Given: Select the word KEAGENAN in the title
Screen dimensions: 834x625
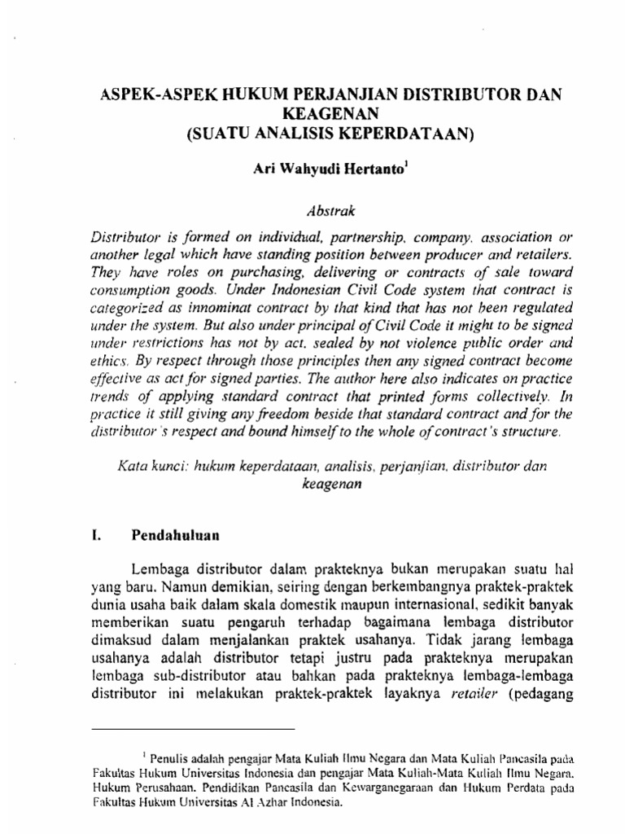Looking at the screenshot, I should tap(312, 115).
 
